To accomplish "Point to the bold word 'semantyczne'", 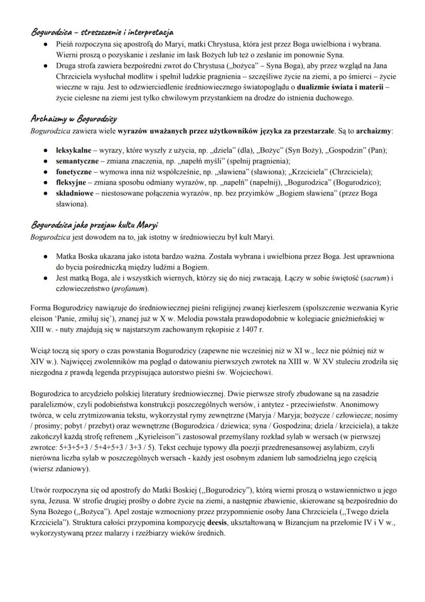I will (75, 161).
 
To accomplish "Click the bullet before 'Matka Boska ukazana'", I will (47, 257).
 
